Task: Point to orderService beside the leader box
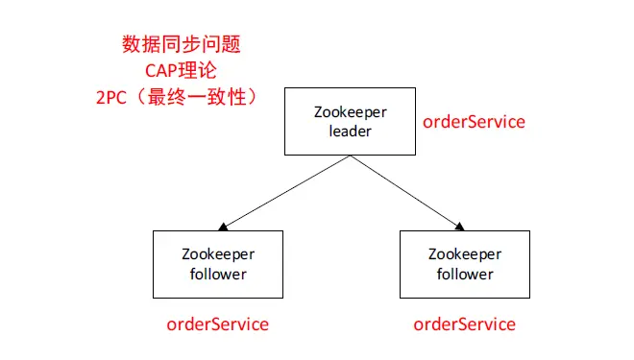(475, 122)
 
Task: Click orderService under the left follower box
(218, 324)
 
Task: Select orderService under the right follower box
(464, 324)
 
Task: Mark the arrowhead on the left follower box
(222, 227)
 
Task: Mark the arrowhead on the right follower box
(459, 227)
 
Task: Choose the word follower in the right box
(465, 274)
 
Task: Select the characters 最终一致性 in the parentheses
(203, 97)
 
